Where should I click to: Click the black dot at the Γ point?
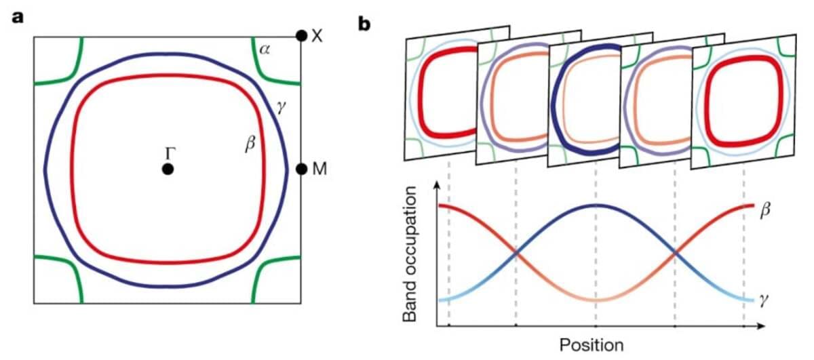[x=168, y=169]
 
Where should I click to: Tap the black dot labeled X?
[x=301, y=36]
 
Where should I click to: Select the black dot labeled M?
[x=302, y=169]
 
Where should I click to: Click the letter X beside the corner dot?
[x=317, y=36]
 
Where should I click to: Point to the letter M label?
[x=319, y=169]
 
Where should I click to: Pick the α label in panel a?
[x=265, y=49]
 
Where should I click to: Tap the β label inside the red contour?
[x=250, y=144]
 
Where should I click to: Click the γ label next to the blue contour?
[x=281, y=108]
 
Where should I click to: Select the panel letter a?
[x=18, y=18]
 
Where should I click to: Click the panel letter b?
[x=364, y=24]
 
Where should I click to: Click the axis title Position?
[x=592, y=345]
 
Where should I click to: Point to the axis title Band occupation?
[x=410, y=254]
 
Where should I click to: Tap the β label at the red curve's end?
[x=765, y=211]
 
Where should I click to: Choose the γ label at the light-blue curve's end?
[x=764, y=301]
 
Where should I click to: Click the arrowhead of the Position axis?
[x=762, y=326]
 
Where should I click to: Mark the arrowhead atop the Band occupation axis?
[x=437, y=186]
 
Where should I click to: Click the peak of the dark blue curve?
[x=596, y=205]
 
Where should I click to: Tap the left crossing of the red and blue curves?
[x=516, y=253]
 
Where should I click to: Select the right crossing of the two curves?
[x=675, y=253]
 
